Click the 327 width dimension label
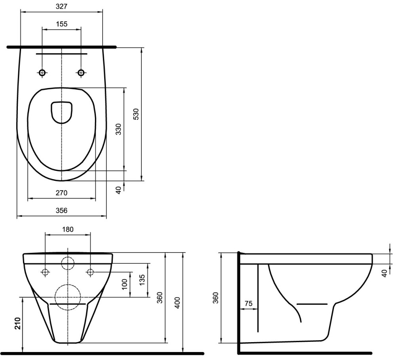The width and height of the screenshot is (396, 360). tap(62, 7)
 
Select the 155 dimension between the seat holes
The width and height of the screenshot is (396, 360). tap(62, 24)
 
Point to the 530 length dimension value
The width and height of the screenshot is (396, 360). tap(136, 114)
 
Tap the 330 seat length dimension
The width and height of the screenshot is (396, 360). tap(118, 129)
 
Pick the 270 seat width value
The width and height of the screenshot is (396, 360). tap(62, 193)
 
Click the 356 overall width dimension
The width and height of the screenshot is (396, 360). tap(62, 211)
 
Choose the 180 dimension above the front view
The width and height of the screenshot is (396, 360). tap(68, 230)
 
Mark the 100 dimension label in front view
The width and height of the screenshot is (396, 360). tap(125, 284)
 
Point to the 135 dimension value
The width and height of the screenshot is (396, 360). tap(142, 280)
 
